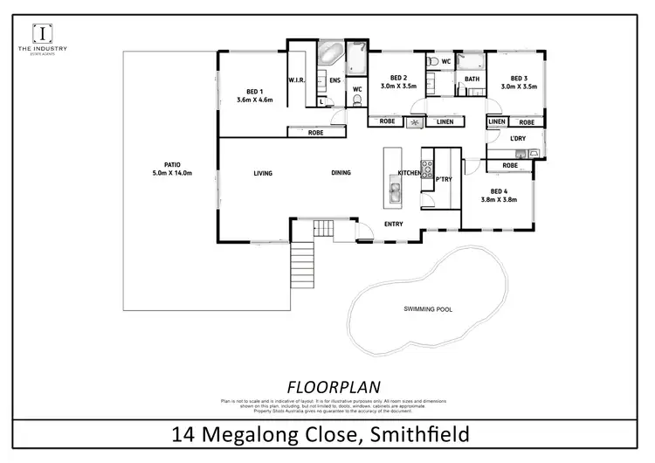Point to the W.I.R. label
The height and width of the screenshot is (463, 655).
pos(295,80)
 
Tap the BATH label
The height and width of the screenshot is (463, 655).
pos(472,79)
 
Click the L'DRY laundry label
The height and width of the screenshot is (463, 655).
pos(519,140)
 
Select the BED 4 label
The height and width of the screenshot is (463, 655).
pos(500,191)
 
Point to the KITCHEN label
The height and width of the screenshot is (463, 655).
pos(410,174)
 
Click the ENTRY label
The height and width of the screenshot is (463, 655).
pos(394,225)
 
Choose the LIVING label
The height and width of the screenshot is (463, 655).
pos(263,173)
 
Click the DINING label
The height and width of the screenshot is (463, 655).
pos(341,173)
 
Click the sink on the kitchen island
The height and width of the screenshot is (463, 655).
pos(392,197)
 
